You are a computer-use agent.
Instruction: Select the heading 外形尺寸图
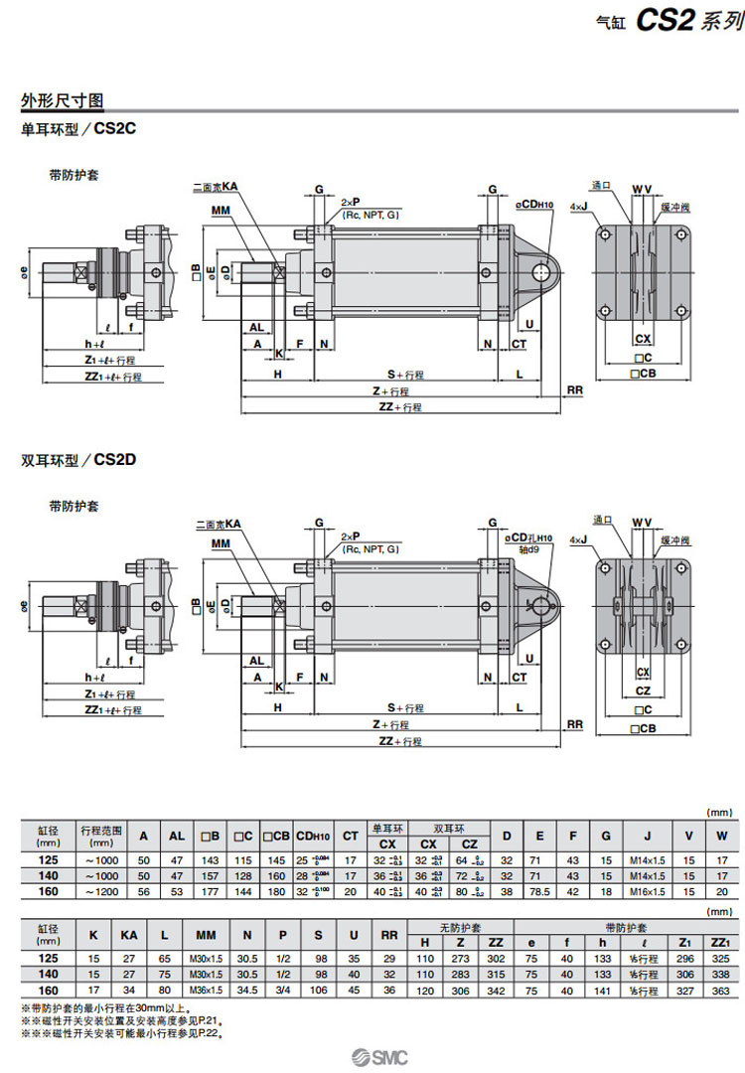click(x=63, y=101)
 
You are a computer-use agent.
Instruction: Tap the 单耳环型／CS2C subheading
click(x=77, y=129)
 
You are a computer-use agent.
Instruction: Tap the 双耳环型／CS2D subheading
click(x=77, y=460)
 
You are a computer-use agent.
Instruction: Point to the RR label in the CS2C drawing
click(x=574, y=390)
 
